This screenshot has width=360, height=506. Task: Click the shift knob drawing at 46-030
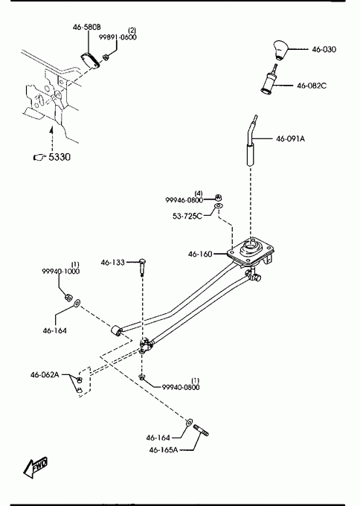pyautogui.click(x=280, y=50)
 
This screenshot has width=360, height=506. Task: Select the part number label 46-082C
pyautogui.click(x=312, y=86)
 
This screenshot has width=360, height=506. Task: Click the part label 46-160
pyautogui.click(x=200, y=254)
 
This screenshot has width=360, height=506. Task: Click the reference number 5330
pyautogui.click(x=60, y=157)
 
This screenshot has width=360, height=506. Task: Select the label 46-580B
pyautogui.click(x=86, y=27)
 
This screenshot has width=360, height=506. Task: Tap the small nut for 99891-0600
pyautogui.click(x=105, y=57)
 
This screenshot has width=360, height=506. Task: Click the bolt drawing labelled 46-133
pyautogui.click(x=142, y=266)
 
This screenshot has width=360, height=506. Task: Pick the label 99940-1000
pyautogui.click(x=61, y=272)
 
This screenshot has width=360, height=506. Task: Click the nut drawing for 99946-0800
pyautogui.click(x=219, y=197)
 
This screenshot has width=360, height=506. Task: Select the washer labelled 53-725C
pyautogui.click(x=219, y=205)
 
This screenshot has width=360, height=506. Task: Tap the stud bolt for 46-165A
pyautogui.click(x=201, y=430)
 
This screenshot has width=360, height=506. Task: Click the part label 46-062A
pyautogui.click(x=45, y=374)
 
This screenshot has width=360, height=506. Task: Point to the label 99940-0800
pyautogui.click(x=181, y=387)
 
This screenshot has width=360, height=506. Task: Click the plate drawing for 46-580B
pyautogui.click(x=90, y=60)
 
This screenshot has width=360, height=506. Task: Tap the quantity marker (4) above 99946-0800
pyautogui.click(x=199, y=193)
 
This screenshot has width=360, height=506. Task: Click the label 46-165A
pyautogui.click(x=163, y=449)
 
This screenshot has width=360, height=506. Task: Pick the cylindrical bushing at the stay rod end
pyautogui.click(x=116, y=331)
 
